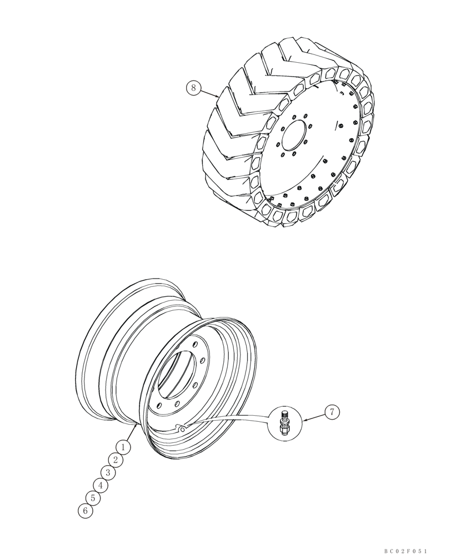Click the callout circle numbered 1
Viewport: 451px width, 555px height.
[123, 446]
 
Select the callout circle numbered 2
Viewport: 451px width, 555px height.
[116, 460]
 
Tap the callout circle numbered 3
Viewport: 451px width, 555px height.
[108, 472]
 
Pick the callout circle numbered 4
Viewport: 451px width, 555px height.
[101, 485]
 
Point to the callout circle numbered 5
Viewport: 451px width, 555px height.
[93, 498]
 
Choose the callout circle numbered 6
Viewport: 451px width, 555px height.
[85, 511]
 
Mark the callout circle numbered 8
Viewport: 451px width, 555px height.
[193, 88]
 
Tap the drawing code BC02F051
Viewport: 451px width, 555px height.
[405, 551]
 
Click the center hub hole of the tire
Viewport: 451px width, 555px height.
[294, 136]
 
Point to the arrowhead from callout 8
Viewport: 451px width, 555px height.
[218, 97]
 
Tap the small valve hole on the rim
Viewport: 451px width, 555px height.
[181, 427]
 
